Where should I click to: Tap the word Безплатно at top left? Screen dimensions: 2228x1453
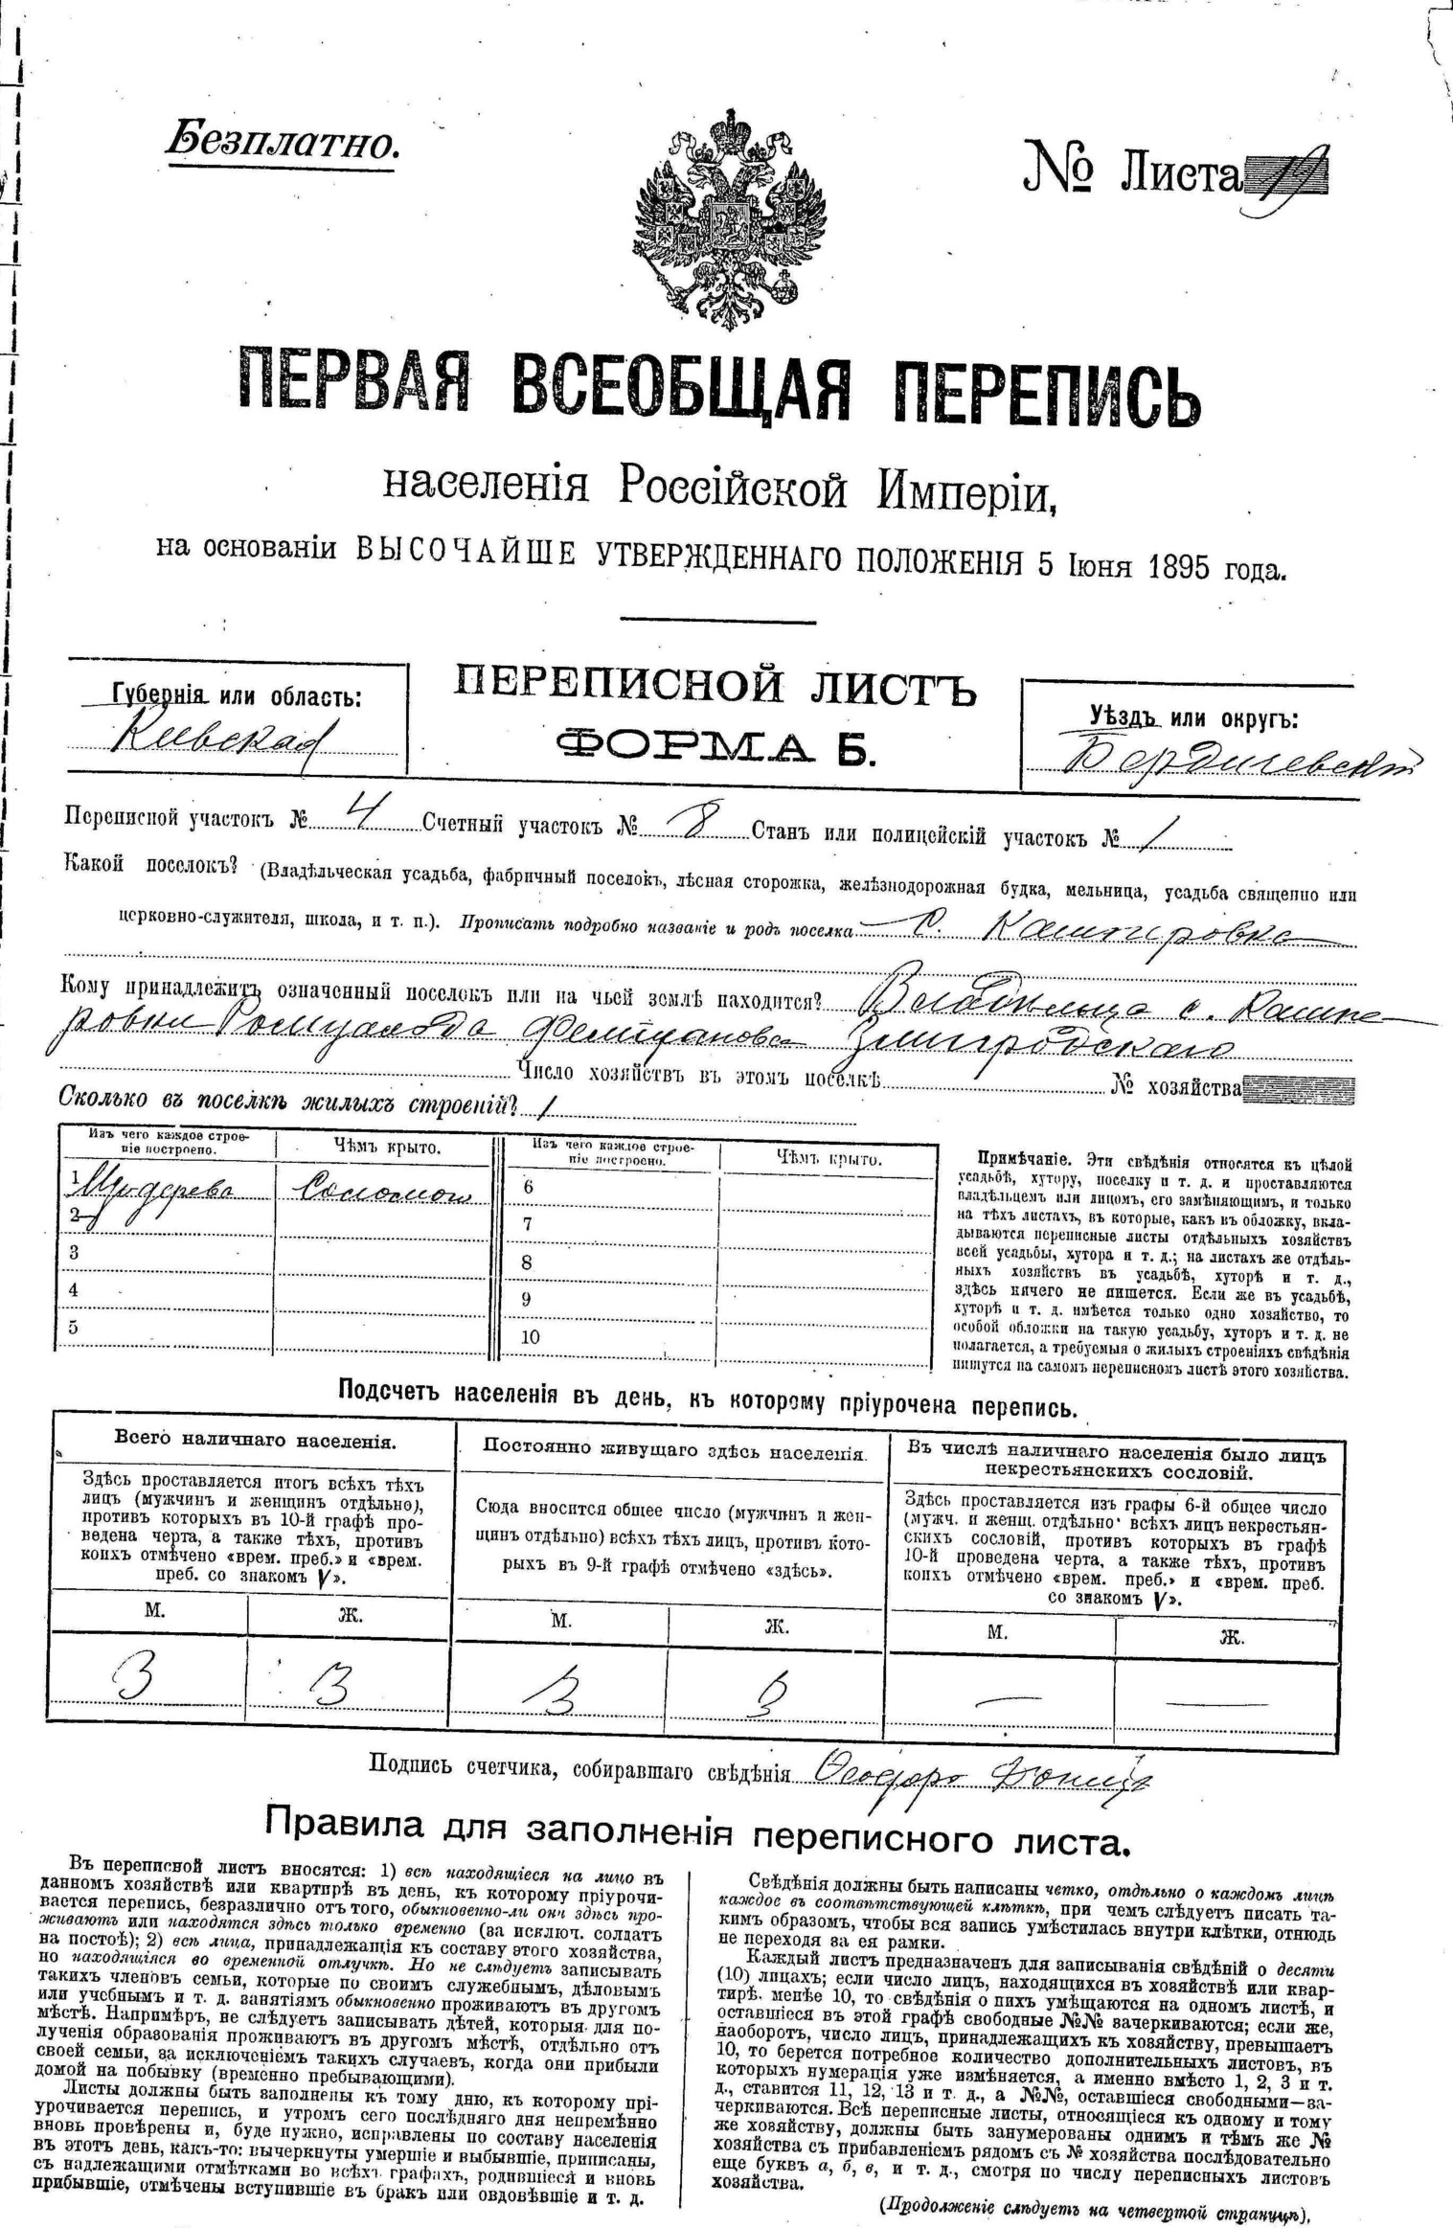pyautogui.click(x=281, y=142)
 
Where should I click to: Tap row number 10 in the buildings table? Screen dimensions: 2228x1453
pyautogui.click(x=531, y=1337)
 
